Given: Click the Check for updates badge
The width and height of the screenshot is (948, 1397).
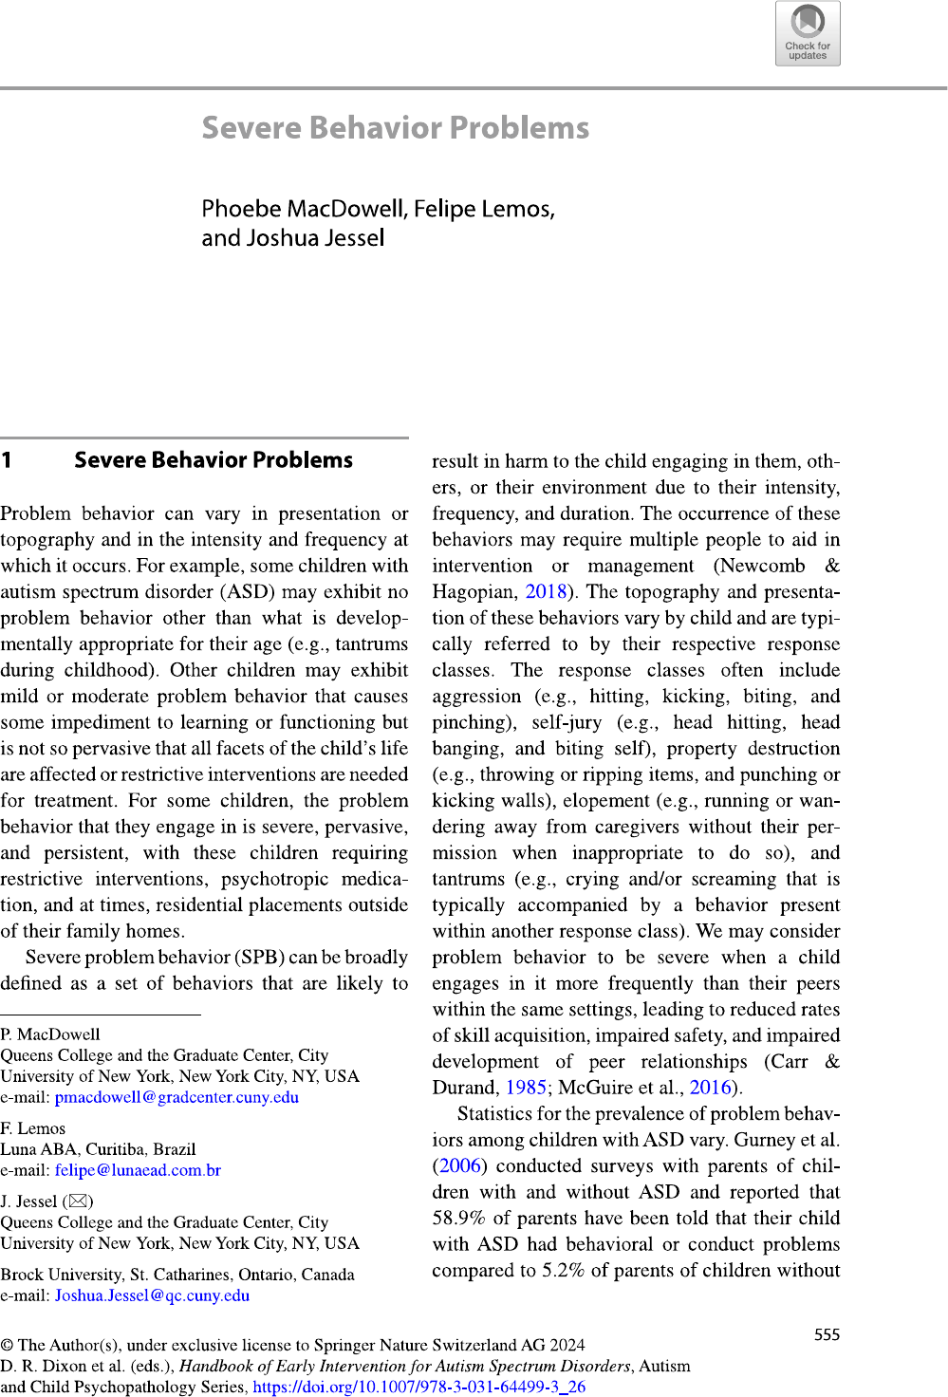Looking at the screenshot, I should (808, 33).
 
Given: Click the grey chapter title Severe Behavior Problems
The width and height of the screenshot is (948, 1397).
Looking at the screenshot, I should (395, 128).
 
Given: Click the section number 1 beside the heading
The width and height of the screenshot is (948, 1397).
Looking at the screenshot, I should (7, 460).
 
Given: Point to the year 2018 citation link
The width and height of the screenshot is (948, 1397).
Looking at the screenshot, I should (546, 592).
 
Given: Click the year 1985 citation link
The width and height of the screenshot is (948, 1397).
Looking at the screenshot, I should (526, 1088).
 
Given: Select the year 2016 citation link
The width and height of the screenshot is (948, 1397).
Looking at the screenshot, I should (710, 1088).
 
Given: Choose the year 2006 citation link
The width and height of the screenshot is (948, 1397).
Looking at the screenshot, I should (460, 1165).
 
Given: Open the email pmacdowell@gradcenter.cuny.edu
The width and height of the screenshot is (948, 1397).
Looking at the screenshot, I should (177, 1097).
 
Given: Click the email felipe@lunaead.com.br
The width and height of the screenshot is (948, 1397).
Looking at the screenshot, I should (138, 1170).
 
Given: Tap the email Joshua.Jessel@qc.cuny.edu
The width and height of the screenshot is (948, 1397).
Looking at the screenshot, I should (152, 1295).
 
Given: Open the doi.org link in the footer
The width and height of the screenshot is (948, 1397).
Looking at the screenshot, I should (418, 1387).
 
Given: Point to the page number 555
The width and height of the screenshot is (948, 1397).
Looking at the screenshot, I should (827, 1335).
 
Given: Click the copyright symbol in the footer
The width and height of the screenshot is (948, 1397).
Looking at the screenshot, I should (7, 1345).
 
